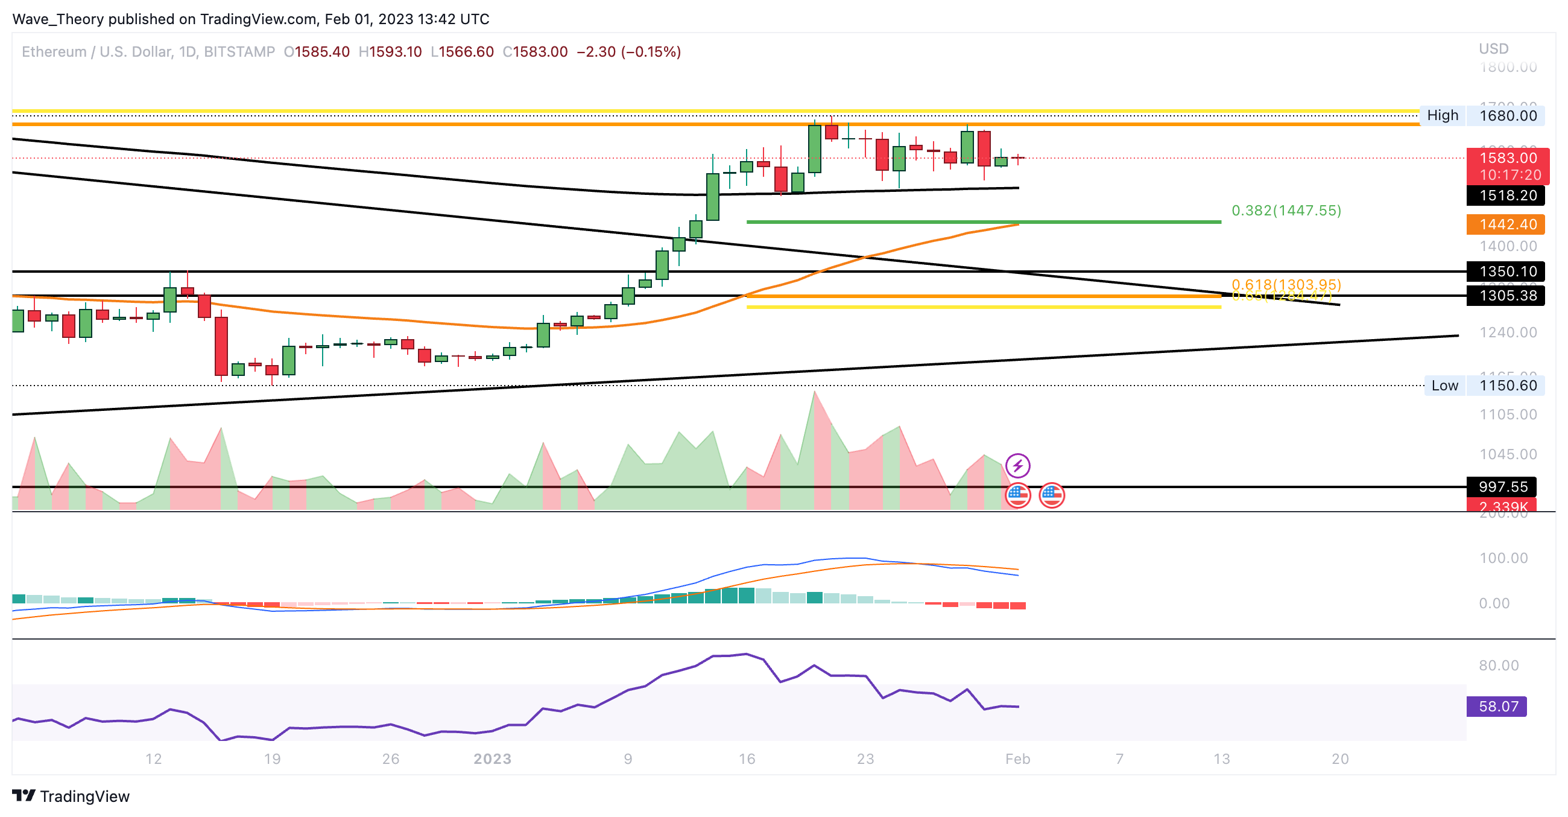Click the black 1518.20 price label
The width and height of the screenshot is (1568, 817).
click(1507, 196)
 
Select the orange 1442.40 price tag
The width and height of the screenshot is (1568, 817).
click(1507, 224)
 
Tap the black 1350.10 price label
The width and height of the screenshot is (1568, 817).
click(1507, 271)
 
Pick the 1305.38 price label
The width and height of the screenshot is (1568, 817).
click(1507, 296)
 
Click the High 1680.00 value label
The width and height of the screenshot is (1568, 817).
click(1507, 116)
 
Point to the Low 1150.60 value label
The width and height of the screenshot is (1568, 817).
click(1507, 386)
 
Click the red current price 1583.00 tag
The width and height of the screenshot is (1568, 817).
click(1507, 158)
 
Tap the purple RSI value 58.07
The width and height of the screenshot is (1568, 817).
click(1497, 706)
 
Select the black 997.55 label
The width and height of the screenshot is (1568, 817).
click(1502, 486)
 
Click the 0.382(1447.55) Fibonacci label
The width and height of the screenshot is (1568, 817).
click(1286, 211)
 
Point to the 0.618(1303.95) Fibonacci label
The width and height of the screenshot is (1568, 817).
click(1286, 284)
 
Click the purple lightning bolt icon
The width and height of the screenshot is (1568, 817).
click(1017, 466)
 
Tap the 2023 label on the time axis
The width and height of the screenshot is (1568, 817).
click(493, 758)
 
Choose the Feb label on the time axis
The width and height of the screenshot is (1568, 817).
click(1017, 758)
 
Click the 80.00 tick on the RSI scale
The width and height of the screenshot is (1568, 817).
click(1498, 666)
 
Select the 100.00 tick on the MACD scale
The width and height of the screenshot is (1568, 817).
click(1503, 558)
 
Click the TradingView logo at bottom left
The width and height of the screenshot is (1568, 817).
click(71, 796)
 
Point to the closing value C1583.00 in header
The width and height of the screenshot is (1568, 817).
click(535, 52)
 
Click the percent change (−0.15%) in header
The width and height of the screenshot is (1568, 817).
click(651, 52)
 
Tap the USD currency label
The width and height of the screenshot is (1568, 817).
click(1493, 49)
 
